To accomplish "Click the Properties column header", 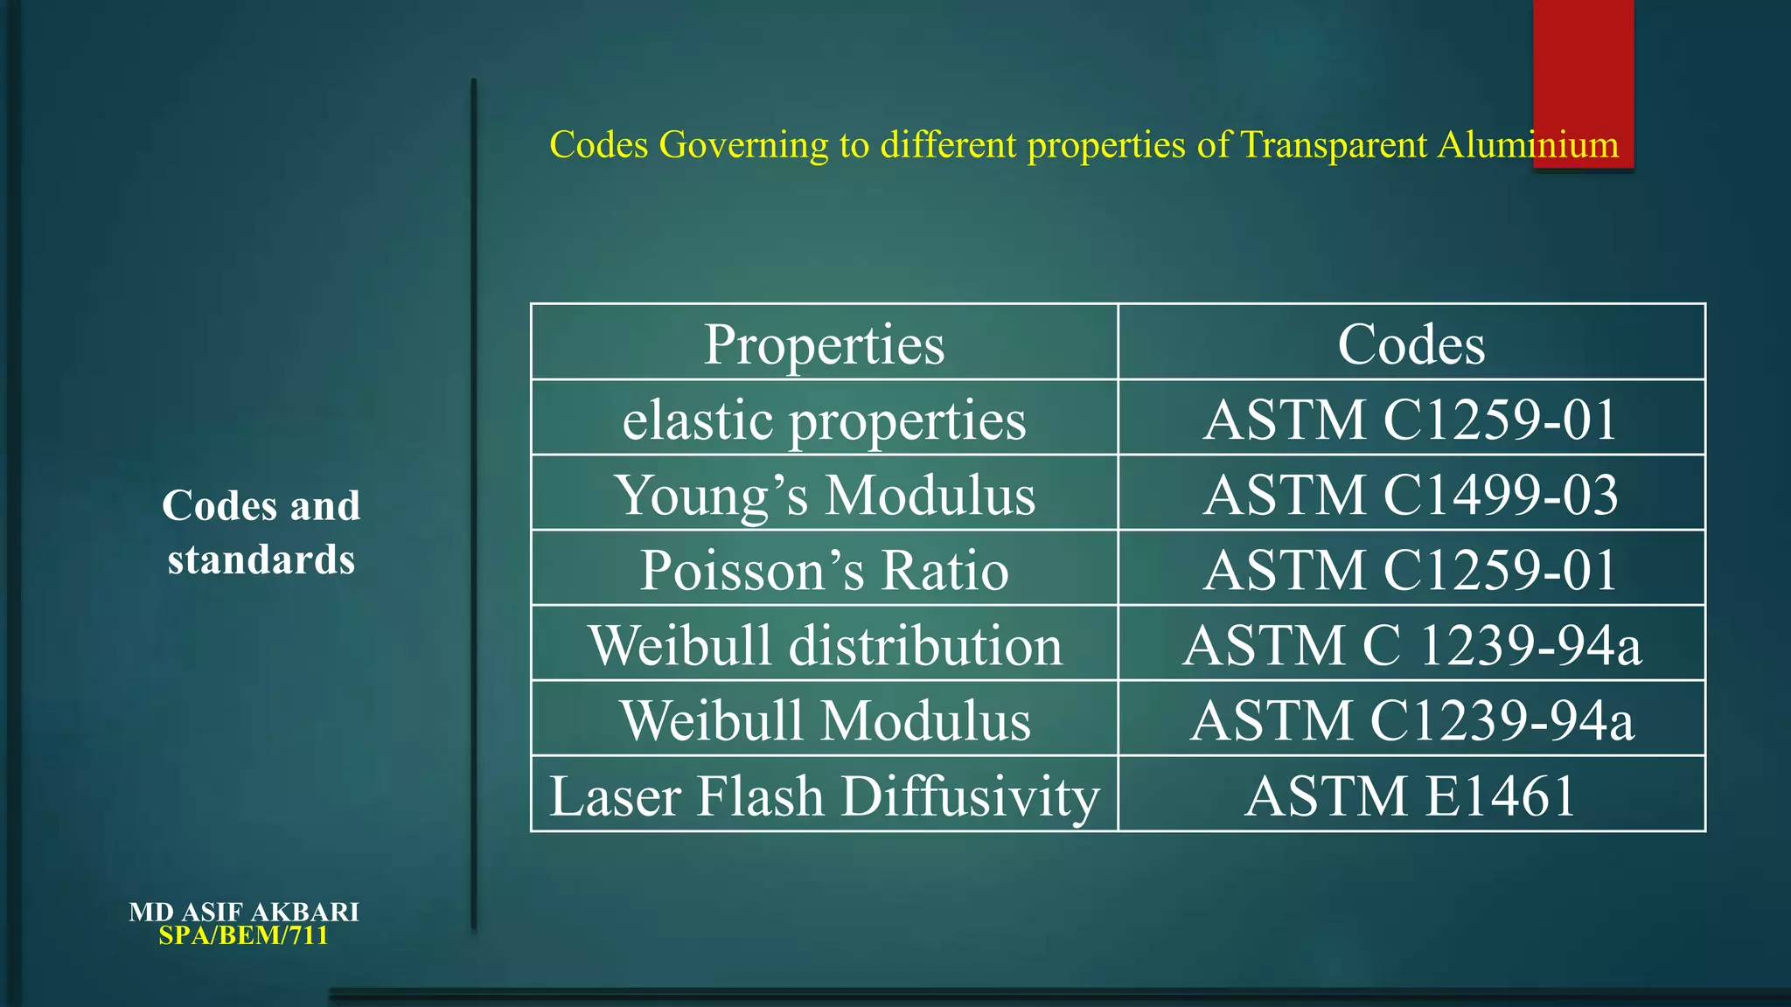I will (824, 344).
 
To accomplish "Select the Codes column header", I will (1411, 344).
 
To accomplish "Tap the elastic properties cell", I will (824, 420).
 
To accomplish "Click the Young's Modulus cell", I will (824, 495).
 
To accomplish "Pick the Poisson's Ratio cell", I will (824, 570).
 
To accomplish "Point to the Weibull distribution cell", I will (824, 645).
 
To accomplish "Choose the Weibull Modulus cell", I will (824, 720).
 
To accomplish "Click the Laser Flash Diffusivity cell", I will (824, 795).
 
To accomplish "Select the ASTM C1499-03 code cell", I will (1411, 495).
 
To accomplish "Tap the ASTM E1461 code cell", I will (1411, 795).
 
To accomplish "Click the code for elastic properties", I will (1411, 420).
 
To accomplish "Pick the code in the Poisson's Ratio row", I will (1411, 570).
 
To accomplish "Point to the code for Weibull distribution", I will (1411, 645).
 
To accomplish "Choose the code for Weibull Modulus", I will (1411, 720).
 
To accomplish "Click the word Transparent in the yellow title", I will (1334, 145).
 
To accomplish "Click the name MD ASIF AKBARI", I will (244, 912).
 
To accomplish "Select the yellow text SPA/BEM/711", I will (244, 935).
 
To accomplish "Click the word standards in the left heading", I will (261, 559).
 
